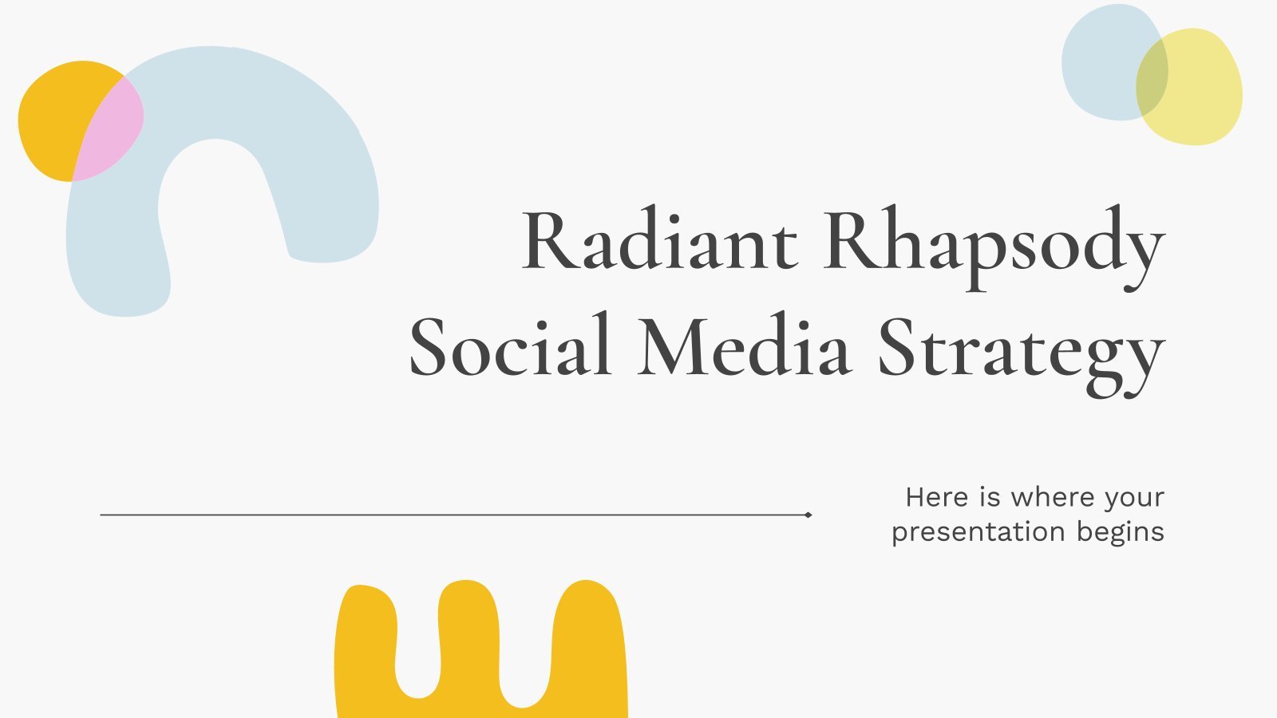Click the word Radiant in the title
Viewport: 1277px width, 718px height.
point(659,239)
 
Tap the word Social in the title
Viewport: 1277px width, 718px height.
point(510,345)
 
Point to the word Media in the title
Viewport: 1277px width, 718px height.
point(745,345)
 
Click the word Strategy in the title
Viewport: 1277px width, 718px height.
point(1022,354)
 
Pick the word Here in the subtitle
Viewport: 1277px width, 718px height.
point(937,498)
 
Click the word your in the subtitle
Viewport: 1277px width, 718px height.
point(1134,499)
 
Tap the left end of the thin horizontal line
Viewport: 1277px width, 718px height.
point(101,515)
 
